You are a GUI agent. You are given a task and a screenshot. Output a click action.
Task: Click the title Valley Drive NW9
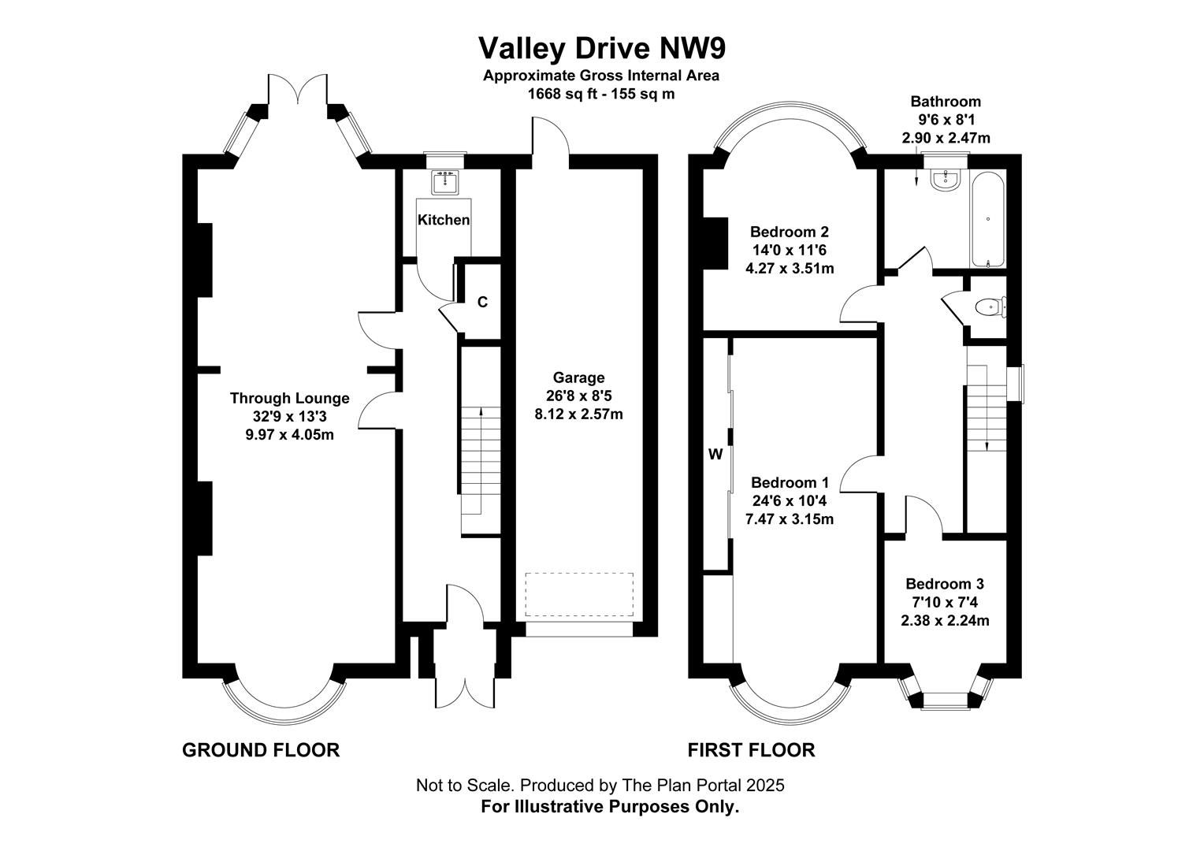pos(602,48)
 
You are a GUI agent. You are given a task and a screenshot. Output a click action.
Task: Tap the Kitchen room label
pos(444,220)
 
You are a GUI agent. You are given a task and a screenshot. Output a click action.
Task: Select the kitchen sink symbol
pos(446,183)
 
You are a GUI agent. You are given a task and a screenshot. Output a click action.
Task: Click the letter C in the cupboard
pos(483,302)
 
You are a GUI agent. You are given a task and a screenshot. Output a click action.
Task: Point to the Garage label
pos(578,377)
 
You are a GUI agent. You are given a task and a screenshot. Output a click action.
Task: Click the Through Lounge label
pos(289,399)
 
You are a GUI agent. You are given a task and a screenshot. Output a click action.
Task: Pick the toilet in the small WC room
pos(988,307)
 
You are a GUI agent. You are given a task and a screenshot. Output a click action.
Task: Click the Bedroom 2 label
pos(789,232)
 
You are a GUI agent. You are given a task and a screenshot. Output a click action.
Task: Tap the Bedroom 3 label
pos(944,584)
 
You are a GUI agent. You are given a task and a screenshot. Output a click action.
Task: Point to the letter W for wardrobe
pos(715,454)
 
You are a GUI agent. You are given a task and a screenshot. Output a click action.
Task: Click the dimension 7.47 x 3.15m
pos(790,519)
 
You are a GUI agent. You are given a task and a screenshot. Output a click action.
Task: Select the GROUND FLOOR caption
pos(261,750)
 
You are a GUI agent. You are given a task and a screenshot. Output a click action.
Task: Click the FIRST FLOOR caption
pos(751,750)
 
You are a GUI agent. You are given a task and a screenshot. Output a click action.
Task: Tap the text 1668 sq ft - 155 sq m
pos(601,94)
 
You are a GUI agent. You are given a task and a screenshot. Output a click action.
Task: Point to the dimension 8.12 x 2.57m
pos(578,414)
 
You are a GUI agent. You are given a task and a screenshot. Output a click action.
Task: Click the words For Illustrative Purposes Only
pos(610,807)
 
